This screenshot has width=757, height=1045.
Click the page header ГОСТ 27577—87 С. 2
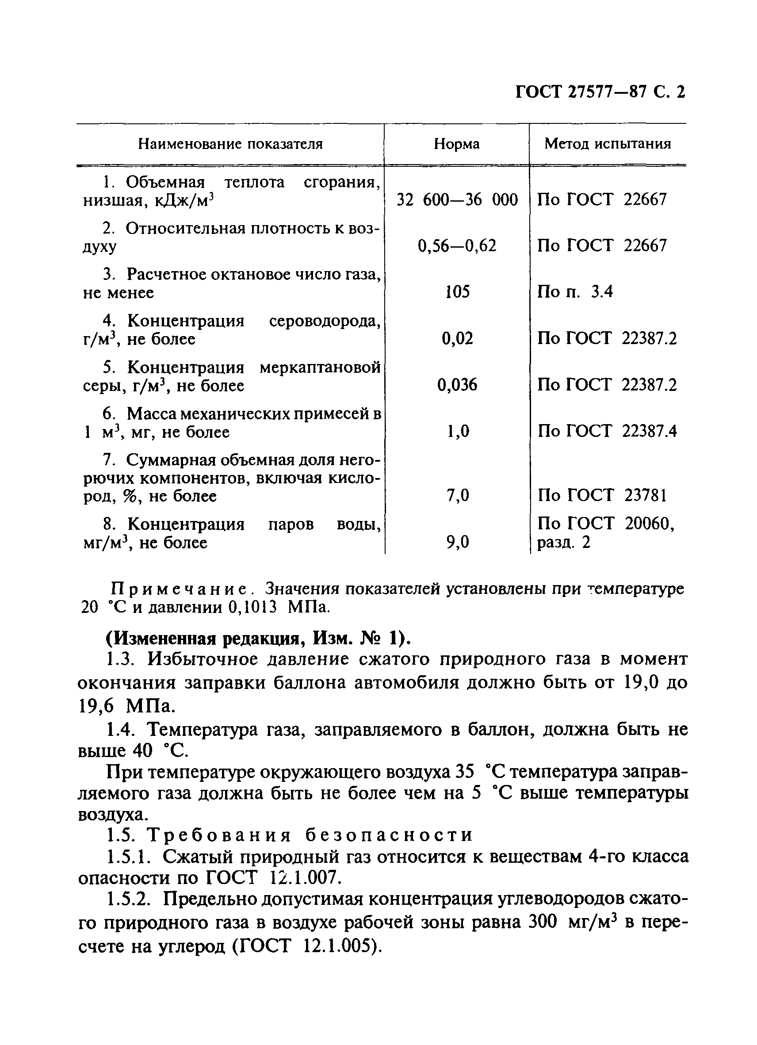pos(600,92)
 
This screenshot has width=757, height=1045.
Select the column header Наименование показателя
pos(230,144)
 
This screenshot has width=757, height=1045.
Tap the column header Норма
pos(456,144)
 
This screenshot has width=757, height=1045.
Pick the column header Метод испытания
pos(607,144)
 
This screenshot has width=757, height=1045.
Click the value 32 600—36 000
pos(457,200)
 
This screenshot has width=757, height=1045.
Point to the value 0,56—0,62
pos(457,245)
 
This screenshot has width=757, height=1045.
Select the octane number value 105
pos(457,292)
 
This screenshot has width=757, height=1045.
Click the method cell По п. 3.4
pos(575,292)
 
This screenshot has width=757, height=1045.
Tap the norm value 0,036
pos(457,385)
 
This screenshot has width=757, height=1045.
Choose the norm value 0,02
pos(457,339)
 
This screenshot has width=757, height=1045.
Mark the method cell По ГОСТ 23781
pos(602,495)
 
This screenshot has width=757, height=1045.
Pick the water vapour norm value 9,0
pos(457,542)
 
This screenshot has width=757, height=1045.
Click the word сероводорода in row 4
pos(325,321)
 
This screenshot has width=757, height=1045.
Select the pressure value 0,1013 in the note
pos(252,608)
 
